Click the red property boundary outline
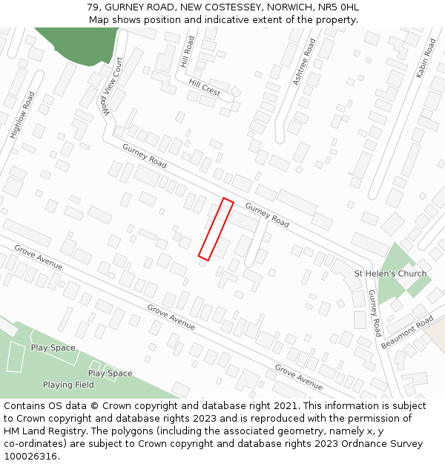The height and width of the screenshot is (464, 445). (x=216, y=229)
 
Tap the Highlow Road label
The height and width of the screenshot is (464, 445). (x=23, y=115)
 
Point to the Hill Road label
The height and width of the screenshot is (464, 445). (x=187, y=52)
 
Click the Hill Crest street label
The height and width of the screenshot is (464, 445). (x=205, y=88)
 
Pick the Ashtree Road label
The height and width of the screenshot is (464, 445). (x=304, y=62)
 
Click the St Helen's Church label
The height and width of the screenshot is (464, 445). (x=390, y=273)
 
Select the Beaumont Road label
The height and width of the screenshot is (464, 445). (x=407, y=333)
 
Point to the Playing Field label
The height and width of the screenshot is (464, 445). (x=68, y=385)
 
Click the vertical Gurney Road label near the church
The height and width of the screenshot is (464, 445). (x=375, y=313)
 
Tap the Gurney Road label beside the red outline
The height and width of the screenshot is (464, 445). (x=267, y=215)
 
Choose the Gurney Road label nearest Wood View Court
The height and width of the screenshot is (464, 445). (x=145, y=155)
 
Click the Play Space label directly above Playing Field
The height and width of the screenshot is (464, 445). (x=111, y=373)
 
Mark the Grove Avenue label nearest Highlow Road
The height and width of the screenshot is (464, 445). (x=39, y=257)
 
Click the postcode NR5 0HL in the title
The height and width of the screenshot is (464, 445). (x=338, y=7)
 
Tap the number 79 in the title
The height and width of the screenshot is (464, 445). (x=93, y=7)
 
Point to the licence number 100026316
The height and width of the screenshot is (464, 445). (x=30, y=456)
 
